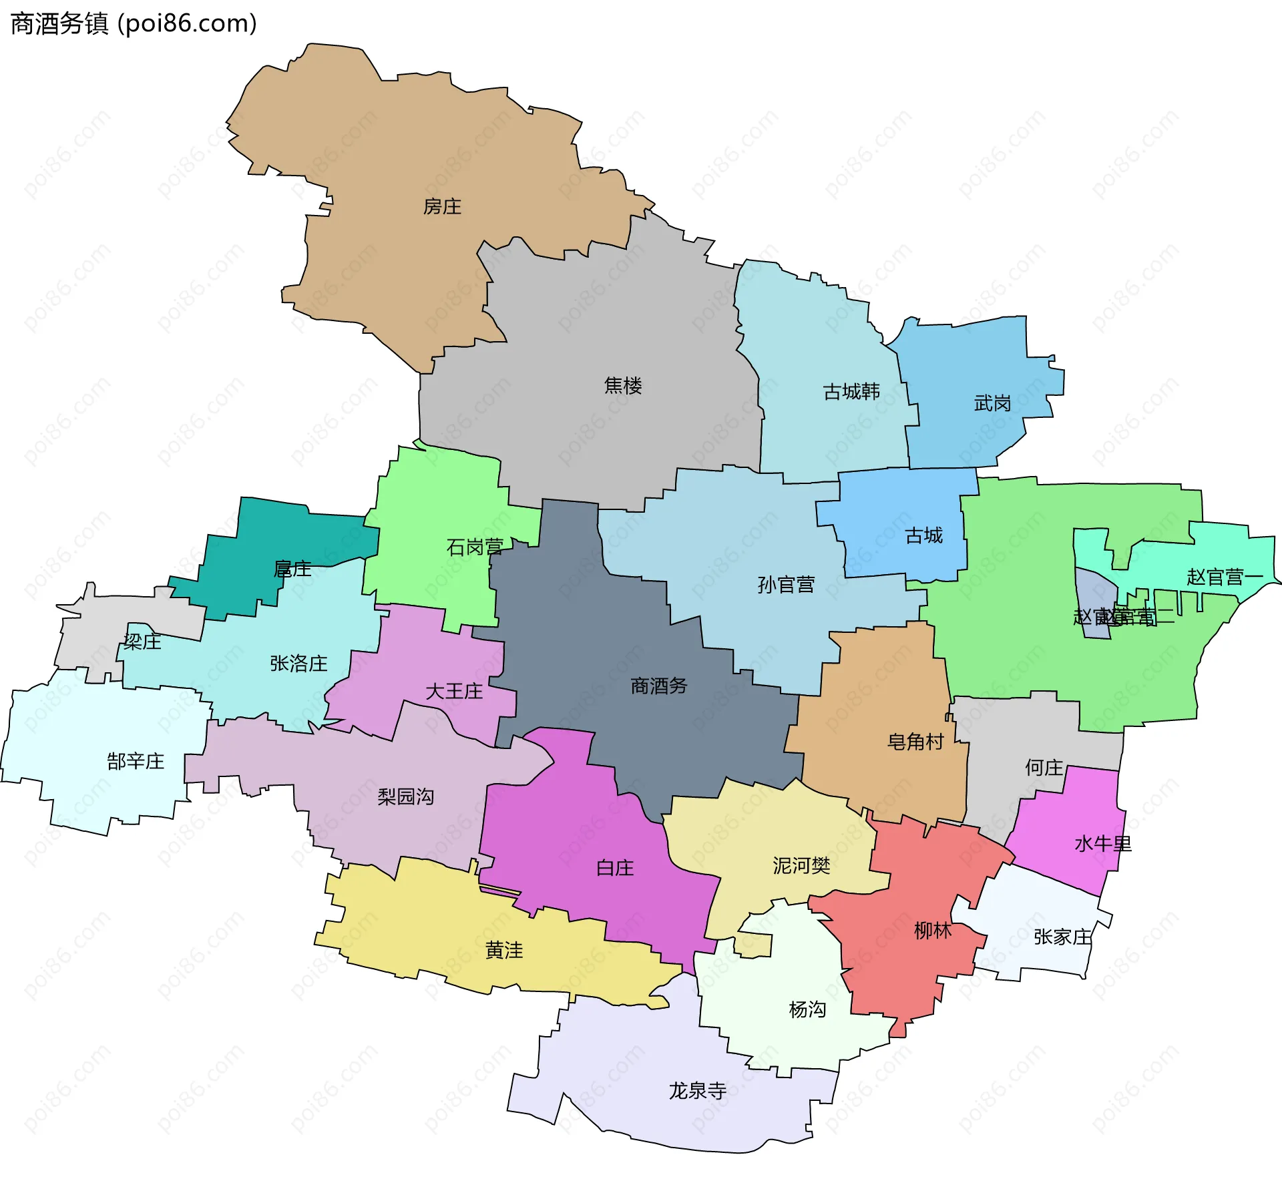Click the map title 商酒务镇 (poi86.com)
tap(134, 24)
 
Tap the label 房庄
tap(442, 207)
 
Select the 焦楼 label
tap(623, 385)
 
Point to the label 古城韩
tap(851, 391)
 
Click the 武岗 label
tap(992, 403)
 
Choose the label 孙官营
tap(786, 585)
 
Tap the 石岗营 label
tap(475, 547)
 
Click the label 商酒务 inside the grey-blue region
tap(659, 686)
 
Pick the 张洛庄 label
tap(298, 663)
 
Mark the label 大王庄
tap(454, 691)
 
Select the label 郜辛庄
tap(136, 761)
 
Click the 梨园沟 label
tap(405, 796)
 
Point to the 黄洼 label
tap(504, 950)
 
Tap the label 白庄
tap(615, 868)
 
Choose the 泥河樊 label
tap(801, 866)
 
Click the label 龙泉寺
tap(698, 1091)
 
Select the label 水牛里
tap(1103, 844)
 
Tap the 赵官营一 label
tap(1225, 577)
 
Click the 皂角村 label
tap(915, 742)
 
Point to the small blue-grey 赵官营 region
tap(1094, 594)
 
